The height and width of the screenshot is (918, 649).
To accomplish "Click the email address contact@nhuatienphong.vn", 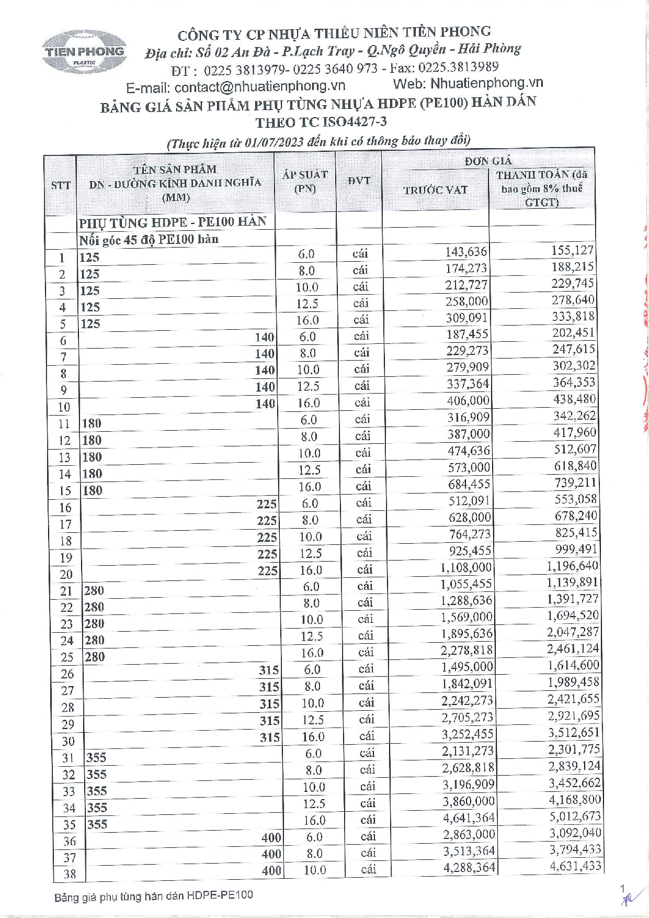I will (x=260, y=86).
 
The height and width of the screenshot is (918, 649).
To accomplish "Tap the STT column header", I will (x=61, y=185).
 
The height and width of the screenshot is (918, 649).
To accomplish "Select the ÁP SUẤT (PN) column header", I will (x=305, y=182).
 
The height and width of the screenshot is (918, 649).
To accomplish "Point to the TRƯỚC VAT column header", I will (x=435, y=190).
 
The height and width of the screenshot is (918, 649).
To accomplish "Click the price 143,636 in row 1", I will (x=466, y=252).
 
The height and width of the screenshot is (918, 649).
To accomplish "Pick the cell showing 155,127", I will (x=572, y=250).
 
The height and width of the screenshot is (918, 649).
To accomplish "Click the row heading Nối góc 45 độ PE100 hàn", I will (x=149, y=240).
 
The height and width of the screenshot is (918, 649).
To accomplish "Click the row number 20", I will (x=66, y=574).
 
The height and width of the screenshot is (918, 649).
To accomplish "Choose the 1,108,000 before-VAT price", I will (x=466, y=567).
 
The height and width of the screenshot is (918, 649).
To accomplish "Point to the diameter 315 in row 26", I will (x=269, y=670).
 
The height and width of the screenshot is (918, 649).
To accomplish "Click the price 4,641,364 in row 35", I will (x=469, y=818).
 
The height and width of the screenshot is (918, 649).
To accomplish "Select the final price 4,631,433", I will (x=575, y=866).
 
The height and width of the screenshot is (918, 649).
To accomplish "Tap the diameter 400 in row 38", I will (x=271, y=870).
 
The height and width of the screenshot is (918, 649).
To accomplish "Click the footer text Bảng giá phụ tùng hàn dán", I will (x=153, y=896).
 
